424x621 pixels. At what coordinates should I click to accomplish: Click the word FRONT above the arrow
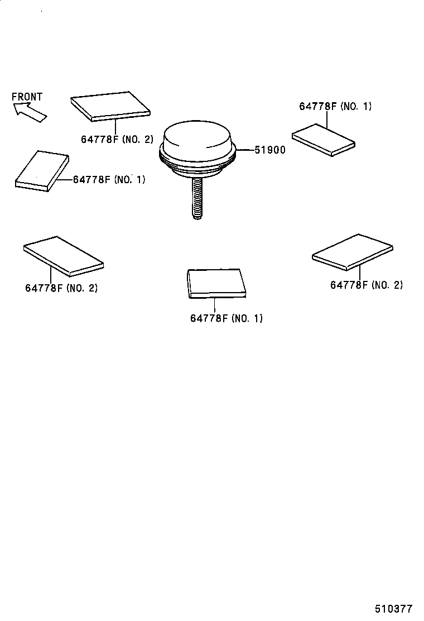27,97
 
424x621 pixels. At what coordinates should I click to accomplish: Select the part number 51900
270,150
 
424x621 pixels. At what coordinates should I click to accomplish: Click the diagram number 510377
393,608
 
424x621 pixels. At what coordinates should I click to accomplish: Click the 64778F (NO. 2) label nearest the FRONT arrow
117,139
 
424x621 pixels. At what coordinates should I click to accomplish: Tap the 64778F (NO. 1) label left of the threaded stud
109,179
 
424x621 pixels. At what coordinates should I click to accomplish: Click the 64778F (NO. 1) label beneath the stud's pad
226,318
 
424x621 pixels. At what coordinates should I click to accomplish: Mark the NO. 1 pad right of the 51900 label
323,139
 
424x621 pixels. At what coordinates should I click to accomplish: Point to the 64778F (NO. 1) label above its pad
335,106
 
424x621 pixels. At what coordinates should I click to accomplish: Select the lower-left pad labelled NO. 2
62,255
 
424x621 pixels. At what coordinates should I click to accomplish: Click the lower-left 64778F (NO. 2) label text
61,288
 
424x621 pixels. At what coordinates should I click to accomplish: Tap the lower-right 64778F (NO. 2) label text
366,285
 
